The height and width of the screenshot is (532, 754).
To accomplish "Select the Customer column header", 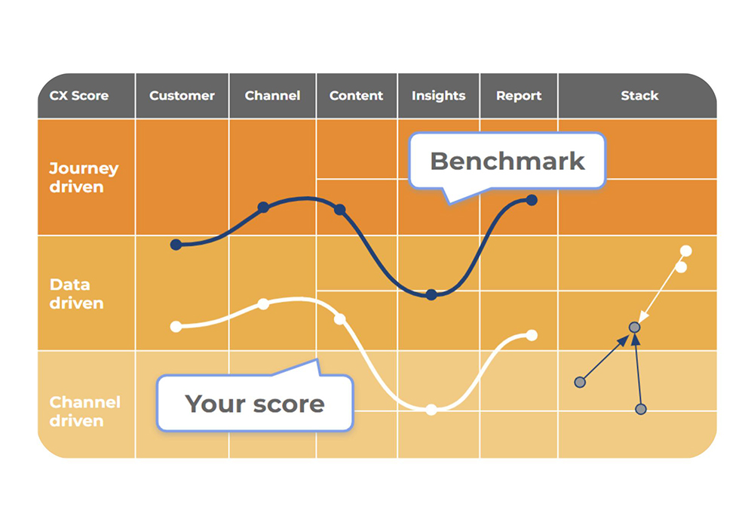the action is (x=182, y=95).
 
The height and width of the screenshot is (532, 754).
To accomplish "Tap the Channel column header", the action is (x=273, y=95).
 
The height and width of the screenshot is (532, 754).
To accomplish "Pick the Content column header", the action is (x=357, y=95).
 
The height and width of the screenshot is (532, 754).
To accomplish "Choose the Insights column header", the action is (x=439, y=95).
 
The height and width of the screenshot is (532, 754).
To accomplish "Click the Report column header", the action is (x=519, y=95).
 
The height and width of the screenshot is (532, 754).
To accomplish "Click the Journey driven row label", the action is (x=84, y=177).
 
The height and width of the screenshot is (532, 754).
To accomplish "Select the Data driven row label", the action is (x=76, y=294).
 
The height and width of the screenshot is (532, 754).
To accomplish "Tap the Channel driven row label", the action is (x=84, y=411).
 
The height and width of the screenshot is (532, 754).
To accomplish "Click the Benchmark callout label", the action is (x=507, y=161).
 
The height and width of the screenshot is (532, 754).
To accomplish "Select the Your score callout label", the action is (x=255, y=403).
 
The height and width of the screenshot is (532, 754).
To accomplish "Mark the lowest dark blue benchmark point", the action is (x=431, y=294).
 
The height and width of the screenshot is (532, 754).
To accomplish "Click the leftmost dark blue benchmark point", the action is (x=176, y=244).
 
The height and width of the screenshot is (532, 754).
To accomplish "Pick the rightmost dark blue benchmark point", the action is (x=532, y=200).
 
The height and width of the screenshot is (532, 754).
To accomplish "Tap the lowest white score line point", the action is (x=431, y=410).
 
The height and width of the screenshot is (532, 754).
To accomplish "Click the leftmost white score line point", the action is (x=176, y=327).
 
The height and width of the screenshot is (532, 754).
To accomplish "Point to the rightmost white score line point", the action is (x=532, y=335).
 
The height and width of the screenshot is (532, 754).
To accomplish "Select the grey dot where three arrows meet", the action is (x=635, y=328).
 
